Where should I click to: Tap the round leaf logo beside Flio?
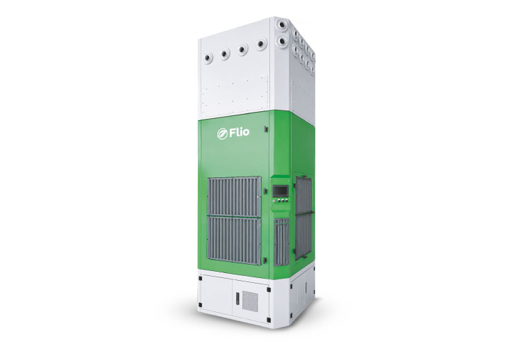[222, 134]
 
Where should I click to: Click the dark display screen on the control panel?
[280, 190]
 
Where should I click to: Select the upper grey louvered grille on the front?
[234, 197]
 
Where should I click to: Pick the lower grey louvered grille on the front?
[234, 240]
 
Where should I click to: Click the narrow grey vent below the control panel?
[281, 242]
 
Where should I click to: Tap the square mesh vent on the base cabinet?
[250, 301]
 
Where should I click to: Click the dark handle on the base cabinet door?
[237, 299]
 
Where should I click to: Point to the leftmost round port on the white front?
[208, 58]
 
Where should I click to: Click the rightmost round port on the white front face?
[261, 44]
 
